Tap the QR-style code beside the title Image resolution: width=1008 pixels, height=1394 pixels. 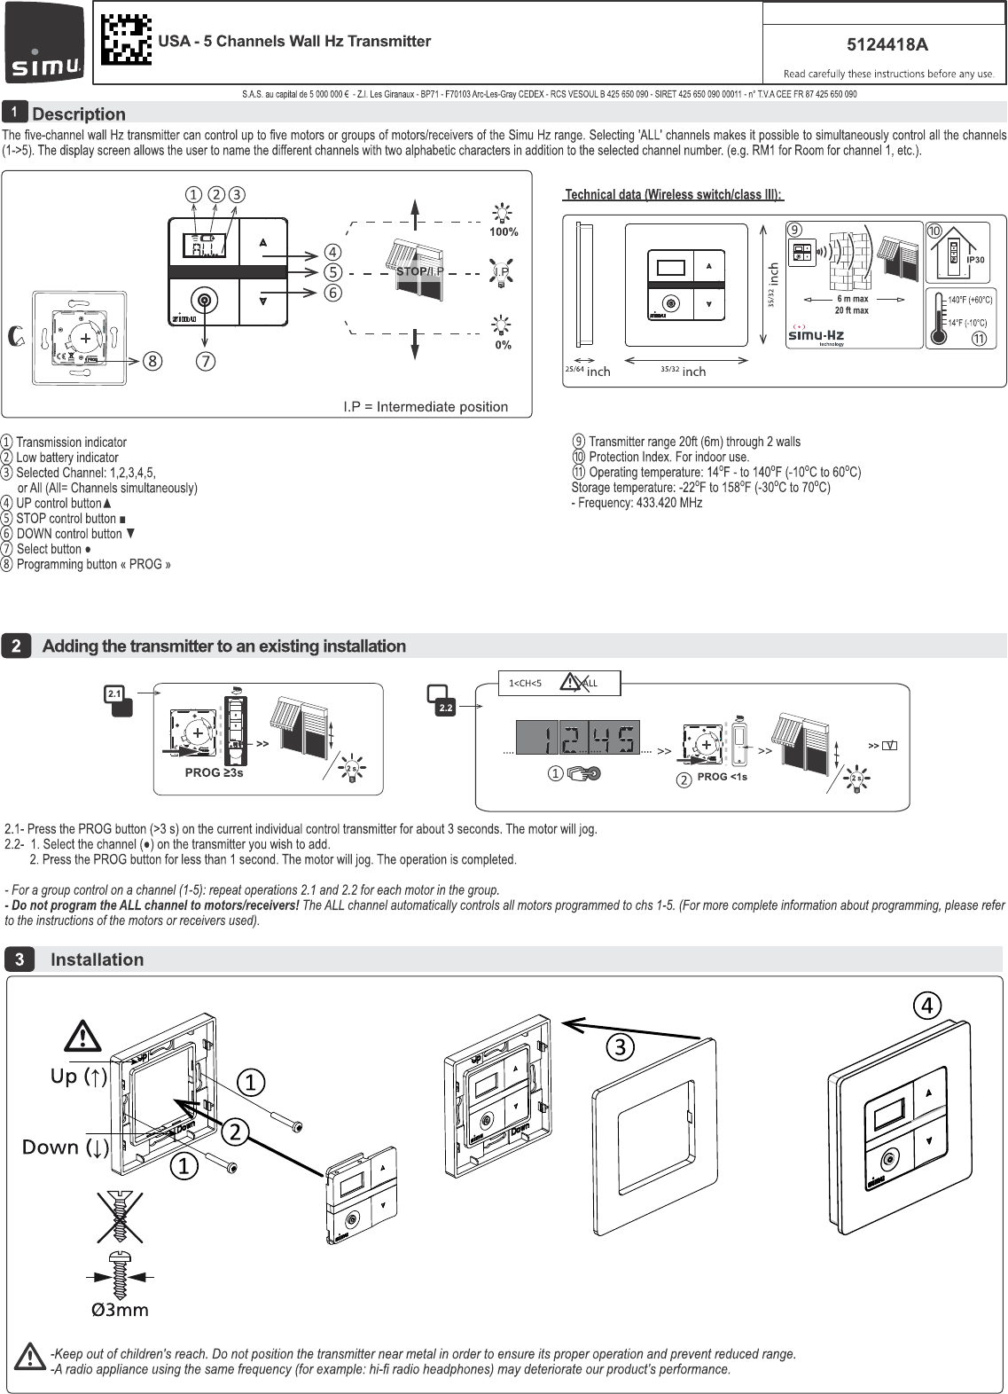[x=125, y=41]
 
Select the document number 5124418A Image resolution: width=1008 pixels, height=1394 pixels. [x=887, y=45]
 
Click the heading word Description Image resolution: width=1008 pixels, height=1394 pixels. [x=79, y=114]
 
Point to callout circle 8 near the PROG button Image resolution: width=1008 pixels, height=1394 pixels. [x=153, y=361]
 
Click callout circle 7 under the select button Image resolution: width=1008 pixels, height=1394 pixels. [x=206, y=361]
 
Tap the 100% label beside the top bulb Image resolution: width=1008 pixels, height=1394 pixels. [x=503, y=232]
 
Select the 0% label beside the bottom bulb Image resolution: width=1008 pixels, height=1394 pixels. [x=503, y=345]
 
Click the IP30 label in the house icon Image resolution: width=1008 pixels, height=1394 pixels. [x=975, y=260]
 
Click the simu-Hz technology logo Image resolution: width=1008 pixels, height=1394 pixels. [x=817, y=335]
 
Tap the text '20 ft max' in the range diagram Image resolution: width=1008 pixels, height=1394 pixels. [x=852, y=311]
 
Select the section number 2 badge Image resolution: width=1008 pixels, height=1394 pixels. [x=17, y=646]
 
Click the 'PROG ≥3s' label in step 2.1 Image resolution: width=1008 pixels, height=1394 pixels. [x=214, y=773]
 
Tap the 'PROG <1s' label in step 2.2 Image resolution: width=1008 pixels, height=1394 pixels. [x=722, y=777]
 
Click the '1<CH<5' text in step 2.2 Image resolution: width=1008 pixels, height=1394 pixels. [x=525, y=684]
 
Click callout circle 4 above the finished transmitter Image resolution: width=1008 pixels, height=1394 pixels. [x=926, y=1006]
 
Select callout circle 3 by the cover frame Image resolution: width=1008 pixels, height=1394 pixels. [x=621, y=1047]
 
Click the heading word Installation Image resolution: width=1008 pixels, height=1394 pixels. [x=97, y=960]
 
